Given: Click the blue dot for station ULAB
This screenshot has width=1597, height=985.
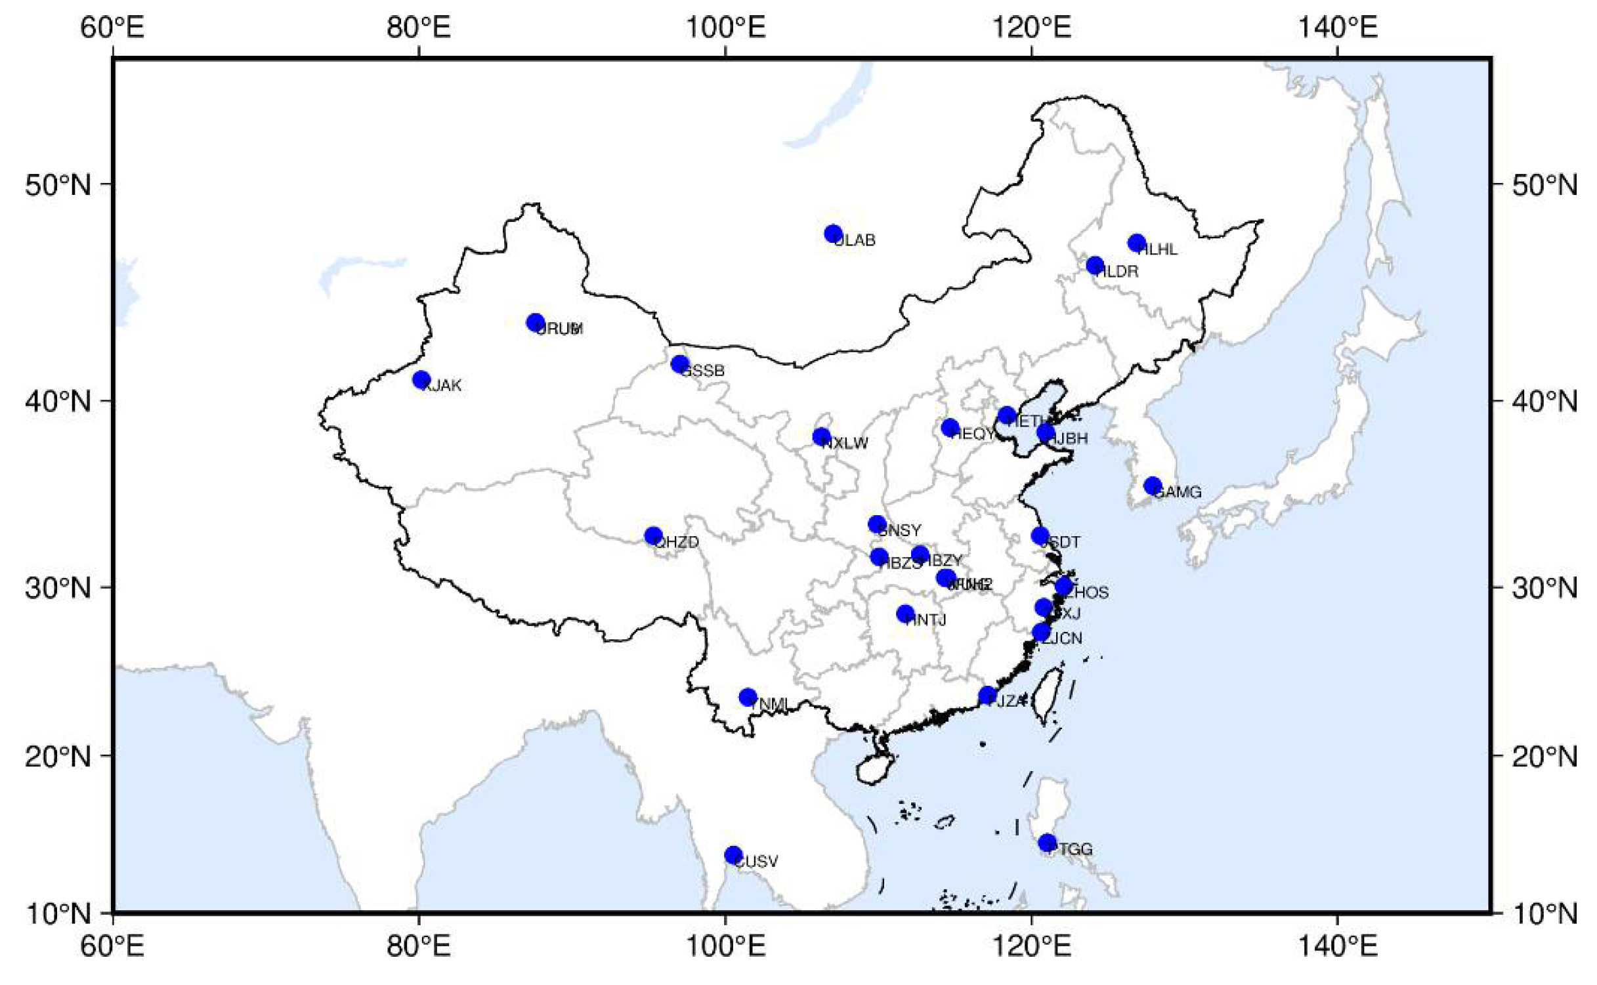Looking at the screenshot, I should [x=833, y=234].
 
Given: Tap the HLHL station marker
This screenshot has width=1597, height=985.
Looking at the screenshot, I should [x=1137, y=243].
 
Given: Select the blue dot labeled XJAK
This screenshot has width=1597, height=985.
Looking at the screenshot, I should [x=421, y=380].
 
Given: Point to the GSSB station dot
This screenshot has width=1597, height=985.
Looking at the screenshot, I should [x=679, y=364].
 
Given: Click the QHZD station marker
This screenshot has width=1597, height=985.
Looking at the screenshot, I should [x=652, y=536].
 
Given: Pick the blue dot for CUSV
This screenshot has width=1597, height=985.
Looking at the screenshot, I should [x=733, y=855].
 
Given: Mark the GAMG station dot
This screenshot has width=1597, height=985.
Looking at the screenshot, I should [x=1153, y=486].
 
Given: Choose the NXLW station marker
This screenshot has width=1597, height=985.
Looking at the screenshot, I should [x=821, y=437].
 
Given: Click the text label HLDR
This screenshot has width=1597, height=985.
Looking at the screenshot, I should [x=1118, y=272].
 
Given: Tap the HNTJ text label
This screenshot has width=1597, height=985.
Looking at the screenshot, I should [x=926, y=620].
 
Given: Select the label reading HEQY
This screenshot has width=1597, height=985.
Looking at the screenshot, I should [x=973, y=434].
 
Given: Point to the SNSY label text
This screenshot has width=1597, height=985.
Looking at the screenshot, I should [x=900, y=530].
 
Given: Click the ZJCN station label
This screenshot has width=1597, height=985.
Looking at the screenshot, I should [x=1063, y=639].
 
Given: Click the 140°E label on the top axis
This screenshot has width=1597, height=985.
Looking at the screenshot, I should [x=1337, y=28].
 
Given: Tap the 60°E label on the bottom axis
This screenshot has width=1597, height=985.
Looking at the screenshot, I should [x=112, y=946].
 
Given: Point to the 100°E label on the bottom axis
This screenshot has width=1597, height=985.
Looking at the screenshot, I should [x=725, y=946].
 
